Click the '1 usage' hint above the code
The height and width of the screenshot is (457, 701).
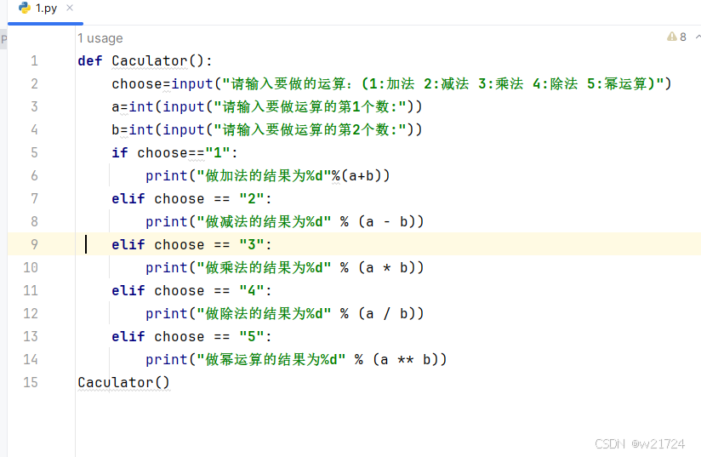click(100, 37)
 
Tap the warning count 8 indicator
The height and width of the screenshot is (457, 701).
click(677, 37)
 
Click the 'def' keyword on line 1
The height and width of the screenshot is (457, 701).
click(89, 60)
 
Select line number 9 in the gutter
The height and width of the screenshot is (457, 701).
click(34, 244)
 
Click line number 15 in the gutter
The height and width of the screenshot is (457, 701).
click(31, 382)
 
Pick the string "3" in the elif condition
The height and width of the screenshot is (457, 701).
click(252, 244)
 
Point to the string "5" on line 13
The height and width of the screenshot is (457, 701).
click(252, 336)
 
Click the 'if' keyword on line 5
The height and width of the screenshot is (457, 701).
click(119, 152)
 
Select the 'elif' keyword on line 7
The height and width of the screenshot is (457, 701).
click(128, 198)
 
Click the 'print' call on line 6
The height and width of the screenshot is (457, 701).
click(166, 175)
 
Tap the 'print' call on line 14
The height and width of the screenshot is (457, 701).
click(166, 359)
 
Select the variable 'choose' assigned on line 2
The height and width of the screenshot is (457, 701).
click(136, 83)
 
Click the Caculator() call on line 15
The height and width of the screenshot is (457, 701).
click(123, 382)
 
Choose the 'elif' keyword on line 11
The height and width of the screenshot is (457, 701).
click(128, 290)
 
